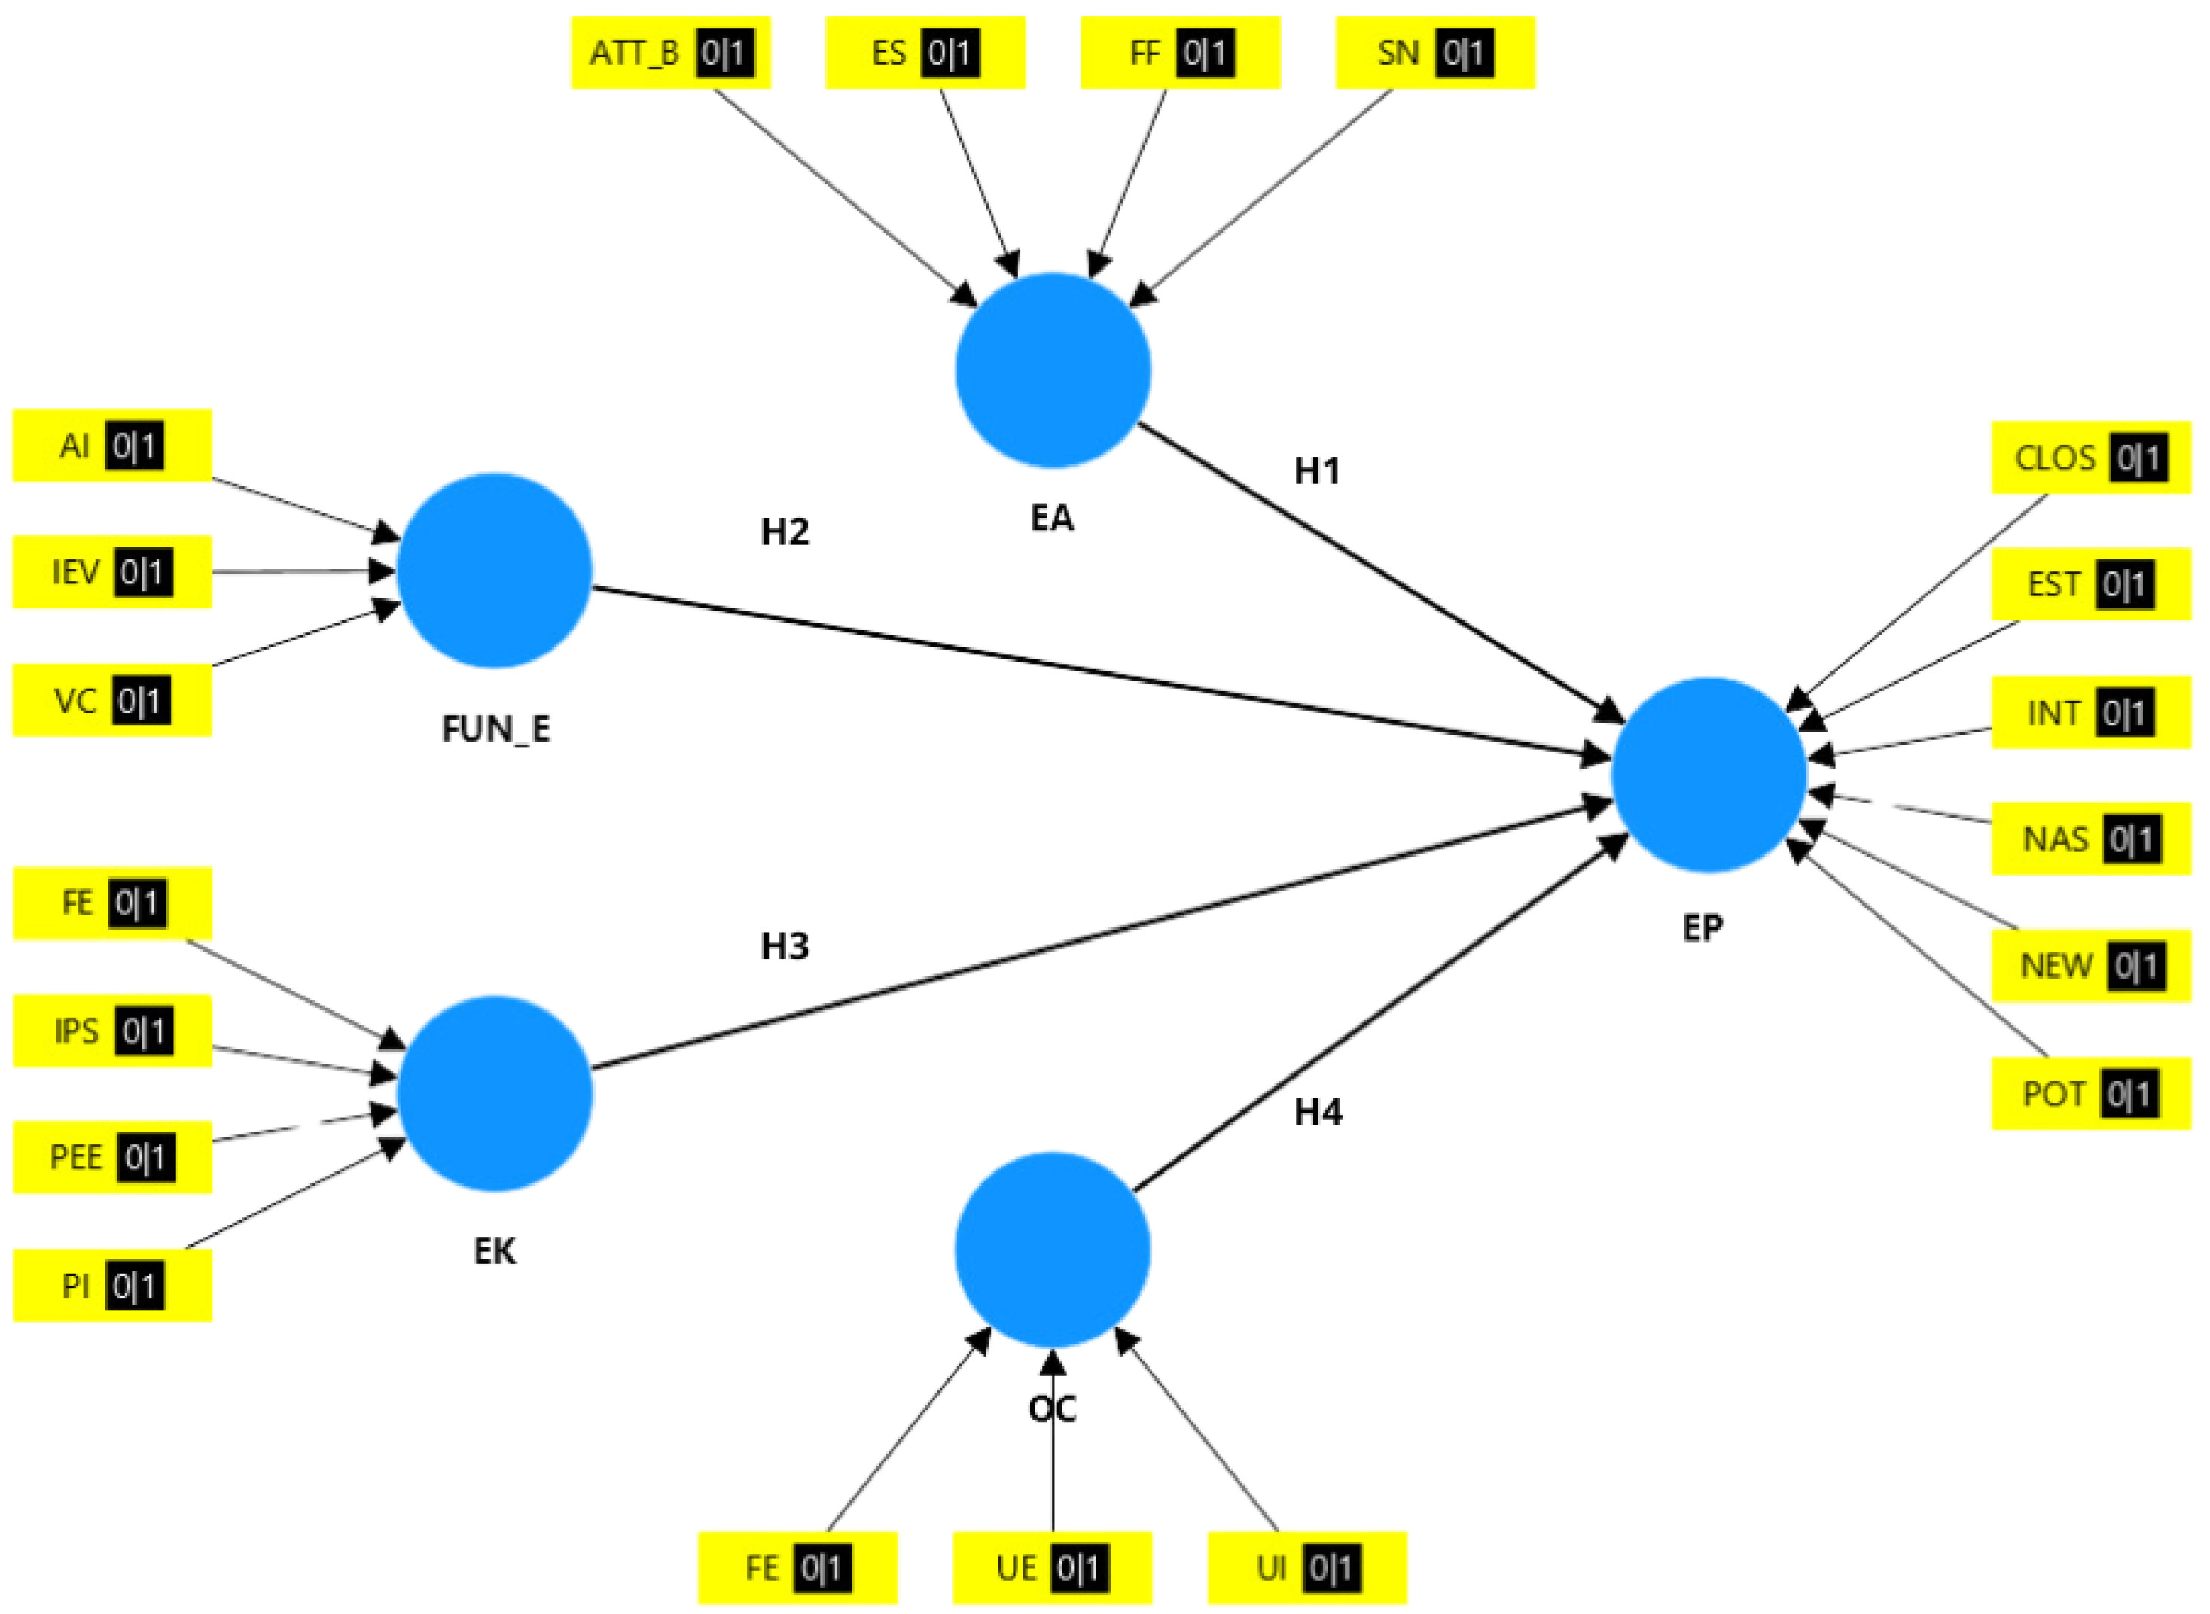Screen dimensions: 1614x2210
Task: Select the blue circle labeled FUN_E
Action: pos(495,571)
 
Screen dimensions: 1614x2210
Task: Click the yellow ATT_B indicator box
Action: pos(670,53)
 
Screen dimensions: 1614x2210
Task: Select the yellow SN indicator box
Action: pos(1434,53)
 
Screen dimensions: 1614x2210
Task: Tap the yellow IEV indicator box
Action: pos(112,573)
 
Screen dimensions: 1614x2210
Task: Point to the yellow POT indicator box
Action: pos(2091,1093)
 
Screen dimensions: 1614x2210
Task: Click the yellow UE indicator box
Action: pos(1052,1568)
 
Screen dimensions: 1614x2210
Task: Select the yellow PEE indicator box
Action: pos(112,1158)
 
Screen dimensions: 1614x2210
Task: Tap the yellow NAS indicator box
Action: pos(2091,839)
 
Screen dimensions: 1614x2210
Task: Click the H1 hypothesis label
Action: pos(1316,472)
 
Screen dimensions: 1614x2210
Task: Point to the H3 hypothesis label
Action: pos(785,946)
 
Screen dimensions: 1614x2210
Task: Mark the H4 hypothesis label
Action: pos(1317,1112)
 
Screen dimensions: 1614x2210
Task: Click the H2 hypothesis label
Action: pos(785,531)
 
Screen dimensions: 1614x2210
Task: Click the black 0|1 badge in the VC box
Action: pos(140,701)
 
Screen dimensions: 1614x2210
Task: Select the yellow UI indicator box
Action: pos(1307,1568)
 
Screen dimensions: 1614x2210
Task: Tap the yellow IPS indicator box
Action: pos(112,1031)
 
